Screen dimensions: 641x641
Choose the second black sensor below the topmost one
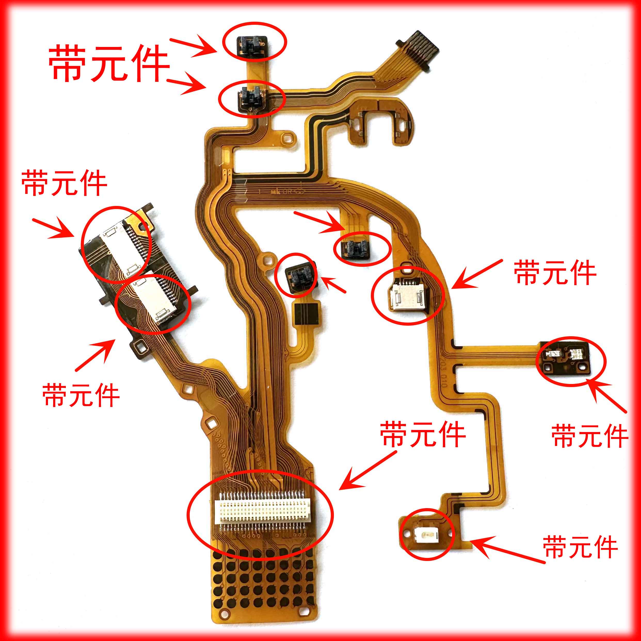251,99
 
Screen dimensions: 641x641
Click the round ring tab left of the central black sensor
268,258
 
